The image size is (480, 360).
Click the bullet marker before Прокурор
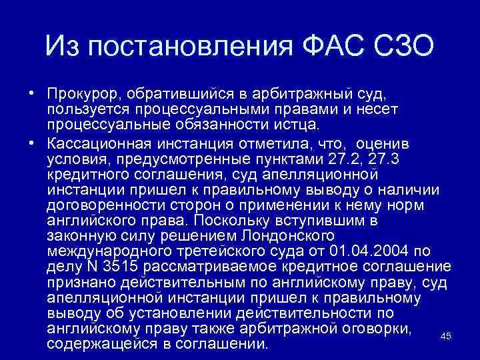[31, 93]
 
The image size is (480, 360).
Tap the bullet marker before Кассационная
[31, 143]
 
